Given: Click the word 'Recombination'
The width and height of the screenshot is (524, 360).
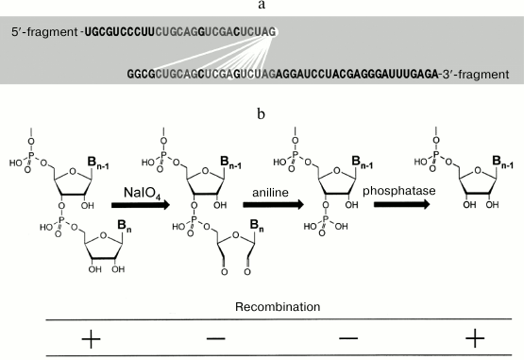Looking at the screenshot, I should pyautogui.click(x=262, y=306).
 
